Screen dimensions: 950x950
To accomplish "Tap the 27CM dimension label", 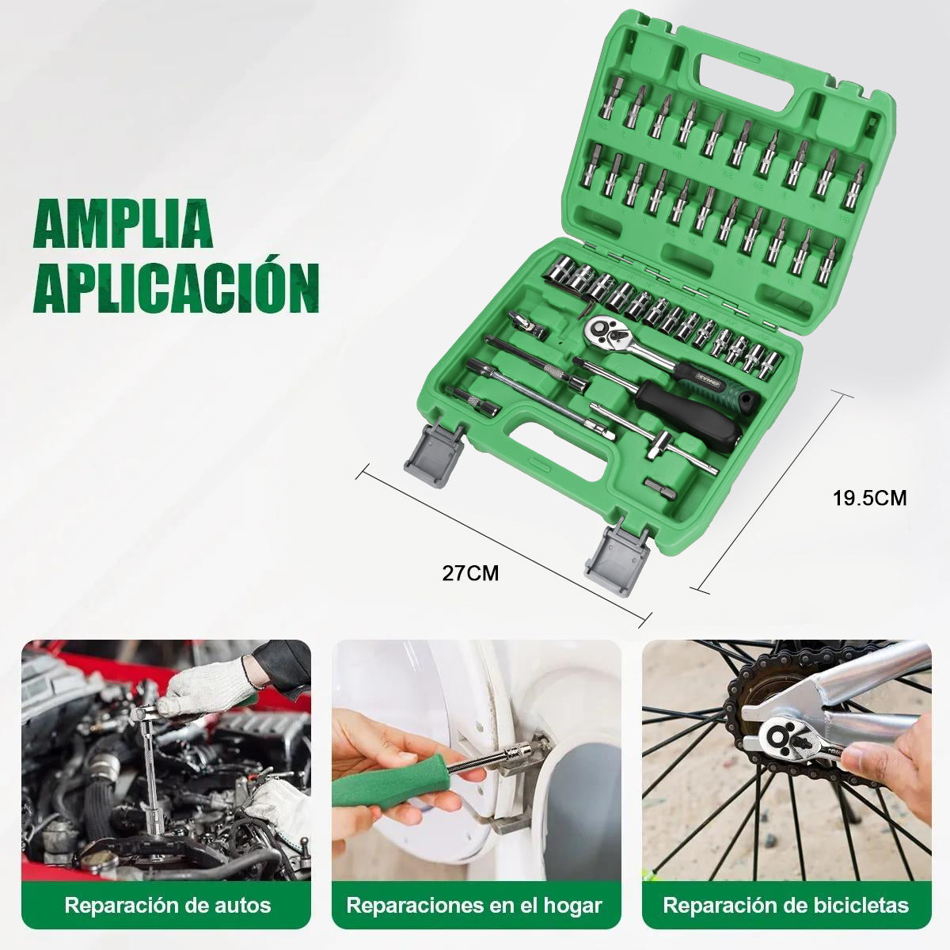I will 471,573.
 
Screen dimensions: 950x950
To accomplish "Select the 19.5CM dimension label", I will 869,498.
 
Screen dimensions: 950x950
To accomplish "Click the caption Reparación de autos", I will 168,905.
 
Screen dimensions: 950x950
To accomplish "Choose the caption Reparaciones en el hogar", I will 474,905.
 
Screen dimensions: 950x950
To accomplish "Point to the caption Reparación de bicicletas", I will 785,905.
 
